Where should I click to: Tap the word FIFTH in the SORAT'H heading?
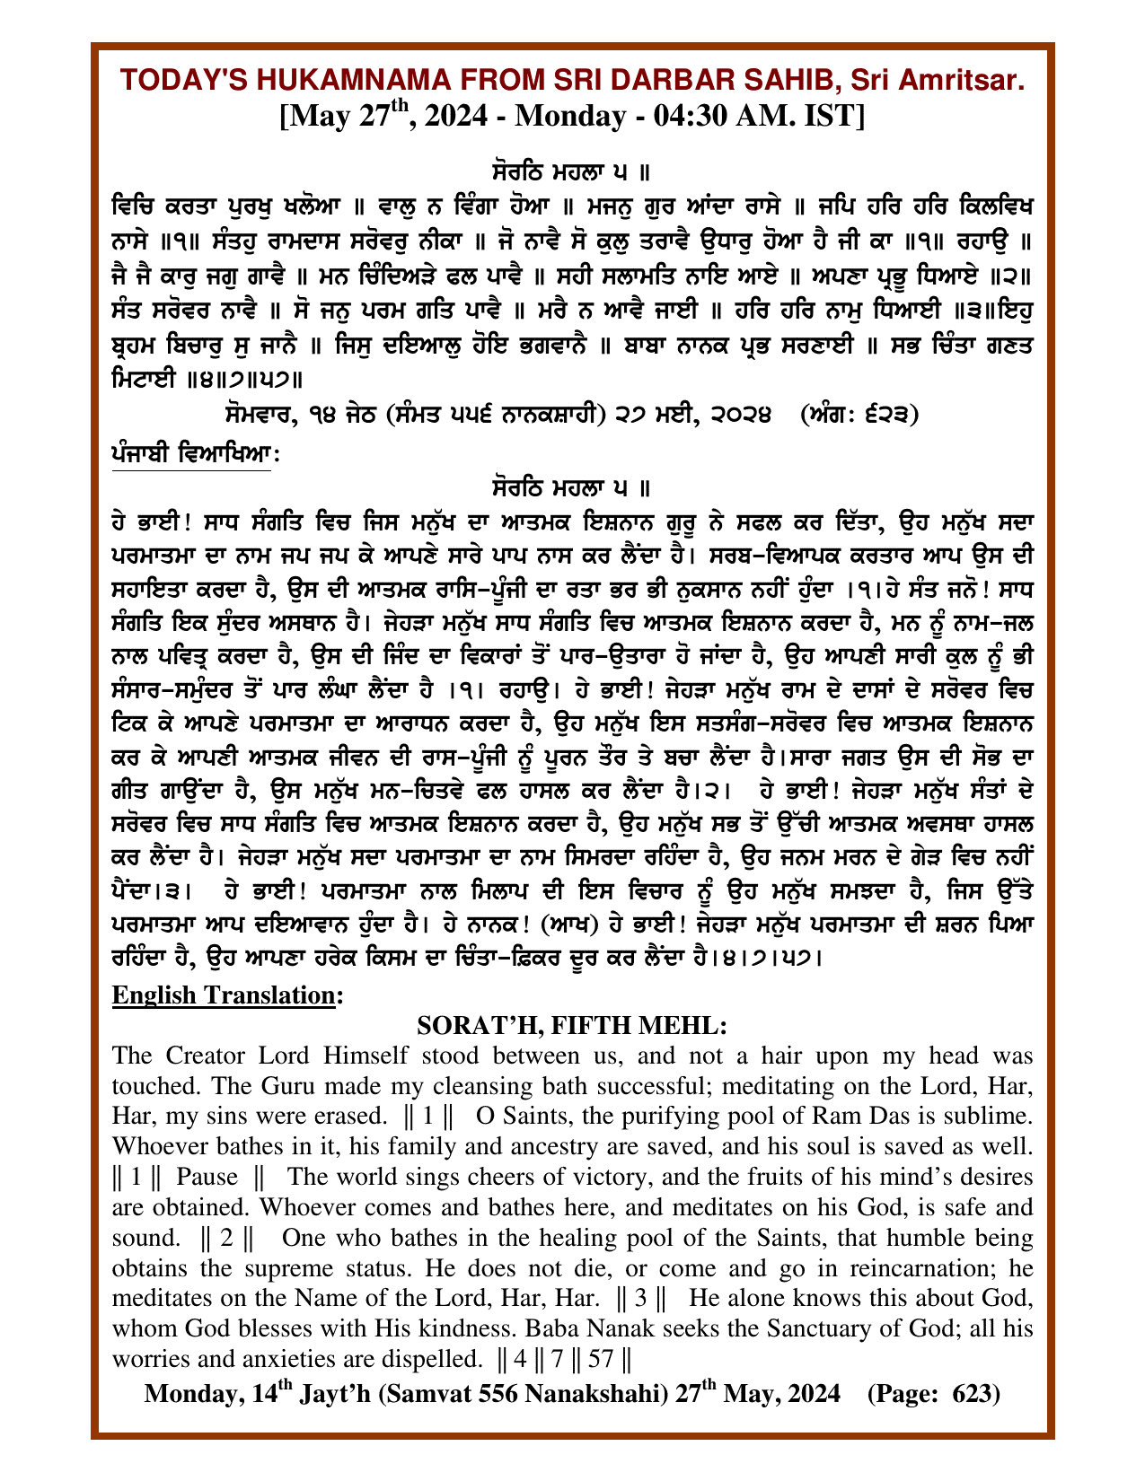(x=599, y=1025)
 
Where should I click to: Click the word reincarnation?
(x=913, y=1269)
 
